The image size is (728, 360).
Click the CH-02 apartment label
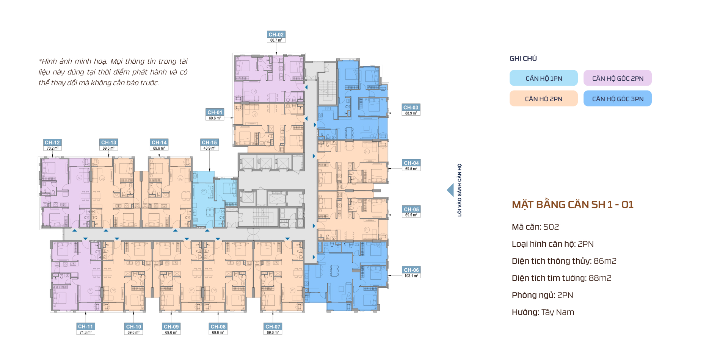click(x=276, y=34)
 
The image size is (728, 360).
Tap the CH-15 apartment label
click(x=209, y=142)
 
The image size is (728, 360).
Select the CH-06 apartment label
click(x=411, y=270)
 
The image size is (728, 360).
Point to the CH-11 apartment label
click(x=85, y=327)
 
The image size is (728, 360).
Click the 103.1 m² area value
click(x=411, y=276)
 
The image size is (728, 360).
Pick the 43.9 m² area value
click(x=209, y=148)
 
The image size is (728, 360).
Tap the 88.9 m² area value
click(x=411, y=113)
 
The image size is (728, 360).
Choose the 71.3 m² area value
click(x=85, y=332)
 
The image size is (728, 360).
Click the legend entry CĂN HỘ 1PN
click(x=544, y=78)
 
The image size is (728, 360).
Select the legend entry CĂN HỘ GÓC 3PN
click(x=618, y=99)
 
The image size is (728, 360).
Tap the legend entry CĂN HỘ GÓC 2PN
click(x=618, y=78)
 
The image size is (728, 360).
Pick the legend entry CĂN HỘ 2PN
click(x=544, y=99)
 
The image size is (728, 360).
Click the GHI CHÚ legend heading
click(x=523, y=58)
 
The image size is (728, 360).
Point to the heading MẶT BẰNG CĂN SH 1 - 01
click(x=573, y=205)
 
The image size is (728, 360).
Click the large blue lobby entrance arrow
click(x=450, y=190)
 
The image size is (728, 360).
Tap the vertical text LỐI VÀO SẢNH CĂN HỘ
click(x=460, y=190)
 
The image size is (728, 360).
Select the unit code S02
click(x=551, y=227)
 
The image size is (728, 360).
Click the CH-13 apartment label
click(x=109, y=142)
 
